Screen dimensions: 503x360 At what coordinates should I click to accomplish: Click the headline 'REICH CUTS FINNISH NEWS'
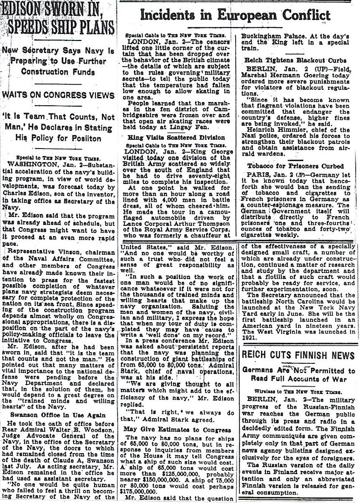coord(298,354)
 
